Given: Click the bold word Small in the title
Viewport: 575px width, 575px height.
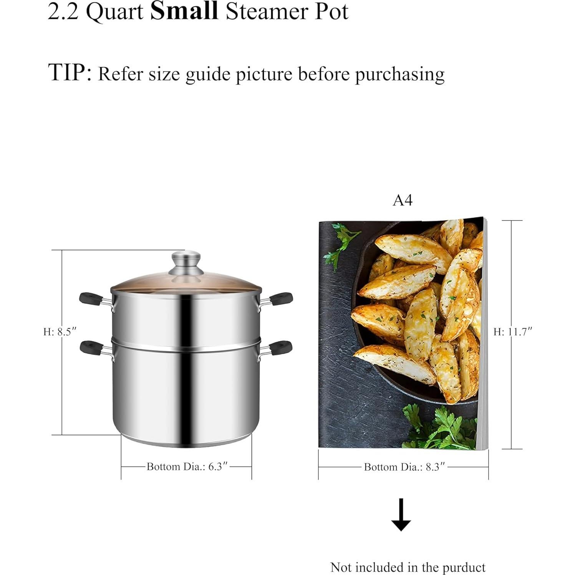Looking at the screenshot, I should point(184,11).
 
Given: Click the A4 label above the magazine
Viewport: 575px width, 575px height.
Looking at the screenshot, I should point(403,201).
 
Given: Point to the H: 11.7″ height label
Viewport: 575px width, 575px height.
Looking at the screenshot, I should point(512,332).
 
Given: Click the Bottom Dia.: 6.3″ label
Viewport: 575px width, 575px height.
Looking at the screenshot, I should point(187,467).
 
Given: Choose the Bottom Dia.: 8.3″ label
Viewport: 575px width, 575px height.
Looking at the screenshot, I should point(404,467).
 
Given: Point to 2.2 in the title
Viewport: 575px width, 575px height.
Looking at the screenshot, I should point(63,12).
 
